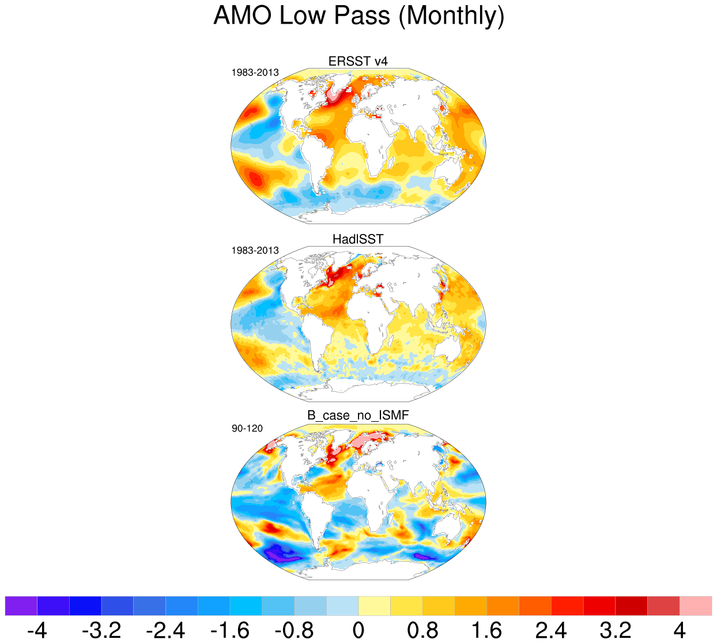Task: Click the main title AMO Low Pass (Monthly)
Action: point(358,16)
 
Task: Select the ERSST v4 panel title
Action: point(358,61)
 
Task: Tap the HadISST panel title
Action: point(358,239)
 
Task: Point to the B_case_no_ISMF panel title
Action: point(358,415)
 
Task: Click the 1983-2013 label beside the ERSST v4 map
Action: point(255,73)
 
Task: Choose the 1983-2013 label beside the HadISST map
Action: point(255,251)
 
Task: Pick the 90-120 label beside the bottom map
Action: point(247,429)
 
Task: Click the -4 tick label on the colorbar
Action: point(37,630)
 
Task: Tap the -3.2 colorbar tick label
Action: point(101,630)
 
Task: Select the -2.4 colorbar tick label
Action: point(165,630)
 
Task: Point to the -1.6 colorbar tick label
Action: point(230,630)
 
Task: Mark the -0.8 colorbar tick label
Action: point(294,630)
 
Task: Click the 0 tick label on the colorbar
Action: point(358,630)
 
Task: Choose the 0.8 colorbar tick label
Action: point(422,630)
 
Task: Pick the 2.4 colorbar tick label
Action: point(551,630)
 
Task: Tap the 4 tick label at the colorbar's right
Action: point(680,630)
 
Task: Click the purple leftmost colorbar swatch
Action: point(21,606)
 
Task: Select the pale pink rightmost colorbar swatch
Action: point(696,606)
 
